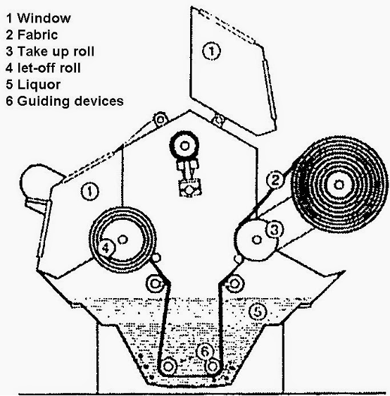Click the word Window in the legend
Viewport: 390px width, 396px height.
pyautogui.click(x=44, y=18)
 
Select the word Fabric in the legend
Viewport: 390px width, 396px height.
pyautogui.click(x=37, y=35)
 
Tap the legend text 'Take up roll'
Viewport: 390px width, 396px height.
pyautogui.click(x=56, y=51)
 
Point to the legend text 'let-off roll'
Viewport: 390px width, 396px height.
pyautogui.click(x=49, y=68)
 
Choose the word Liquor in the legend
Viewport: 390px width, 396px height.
pyautogui.click(x=39, y=85)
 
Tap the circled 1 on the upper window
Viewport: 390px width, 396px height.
pyautogui.click(x=211, y=51)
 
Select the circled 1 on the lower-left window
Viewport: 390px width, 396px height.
pyautogui.click(x=90, y=191)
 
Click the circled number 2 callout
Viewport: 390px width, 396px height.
pyautogui.click(x=275, y=180)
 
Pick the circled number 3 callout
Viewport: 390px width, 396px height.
pyautogui.click(x=275, y=229)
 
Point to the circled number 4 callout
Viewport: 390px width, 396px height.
pyautogui.click(x=106, y=248)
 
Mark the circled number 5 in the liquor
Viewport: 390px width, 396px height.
pyautogui.click(x=258, y=311)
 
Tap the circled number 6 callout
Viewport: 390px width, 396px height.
pyautogui.click(x=205, y=352)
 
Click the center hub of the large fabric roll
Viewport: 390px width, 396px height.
pyautogui.click(x=339, y=185)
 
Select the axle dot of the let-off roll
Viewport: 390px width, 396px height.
pyautogui.click(x=123, y=240)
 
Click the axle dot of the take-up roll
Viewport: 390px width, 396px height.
pyautogui.click(x=256, y=240)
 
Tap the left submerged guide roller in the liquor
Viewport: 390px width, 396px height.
pyautogui.click(x=168, y=366)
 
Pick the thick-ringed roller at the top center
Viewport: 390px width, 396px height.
pyautogui.click(x=184, y=146)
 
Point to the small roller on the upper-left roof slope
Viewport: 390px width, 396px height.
pyautogui.click(x=161, y=119)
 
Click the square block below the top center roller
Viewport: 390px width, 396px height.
pyautogui.click(x=189, y=188)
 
